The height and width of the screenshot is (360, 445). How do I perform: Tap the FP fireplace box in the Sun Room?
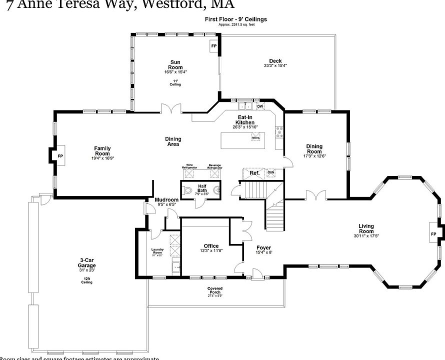click(214, 46)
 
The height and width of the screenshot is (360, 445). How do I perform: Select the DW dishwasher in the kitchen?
click(260, 106)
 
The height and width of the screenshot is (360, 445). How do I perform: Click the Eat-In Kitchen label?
click(245, 120)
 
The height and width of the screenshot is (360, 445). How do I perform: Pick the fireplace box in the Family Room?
click(60, 155)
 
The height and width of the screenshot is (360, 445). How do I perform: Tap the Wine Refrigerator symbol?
click(190, 173)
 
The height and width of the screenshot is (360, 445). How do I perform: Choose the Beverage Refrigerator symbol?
click(215, 173)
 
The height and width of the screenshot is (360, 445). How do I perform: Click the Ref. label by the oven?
click(254, 173)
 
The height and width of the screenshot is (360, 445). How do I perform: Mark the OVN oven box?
click(270, 172)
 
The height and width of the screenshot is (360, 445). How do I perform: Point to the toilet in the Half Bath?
click(187, 190)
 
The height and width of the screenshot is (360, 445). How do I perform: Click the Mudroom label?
click(166, 200)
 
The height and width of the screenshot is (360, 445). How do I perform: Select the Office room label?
click(211, 246)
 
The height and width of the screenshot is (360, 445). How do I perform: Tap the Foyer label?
click(263, 248)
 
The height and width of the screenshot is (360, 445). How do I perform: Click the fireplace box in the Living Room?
click(433, 234)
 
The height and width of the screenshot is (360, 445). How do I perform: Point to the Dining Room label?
click(314, 149)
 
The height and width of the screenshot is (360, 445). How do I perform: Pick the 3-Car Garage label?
click(87, 263)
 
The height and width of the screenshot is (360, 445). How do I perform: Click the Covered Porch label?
click(215, 290)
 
